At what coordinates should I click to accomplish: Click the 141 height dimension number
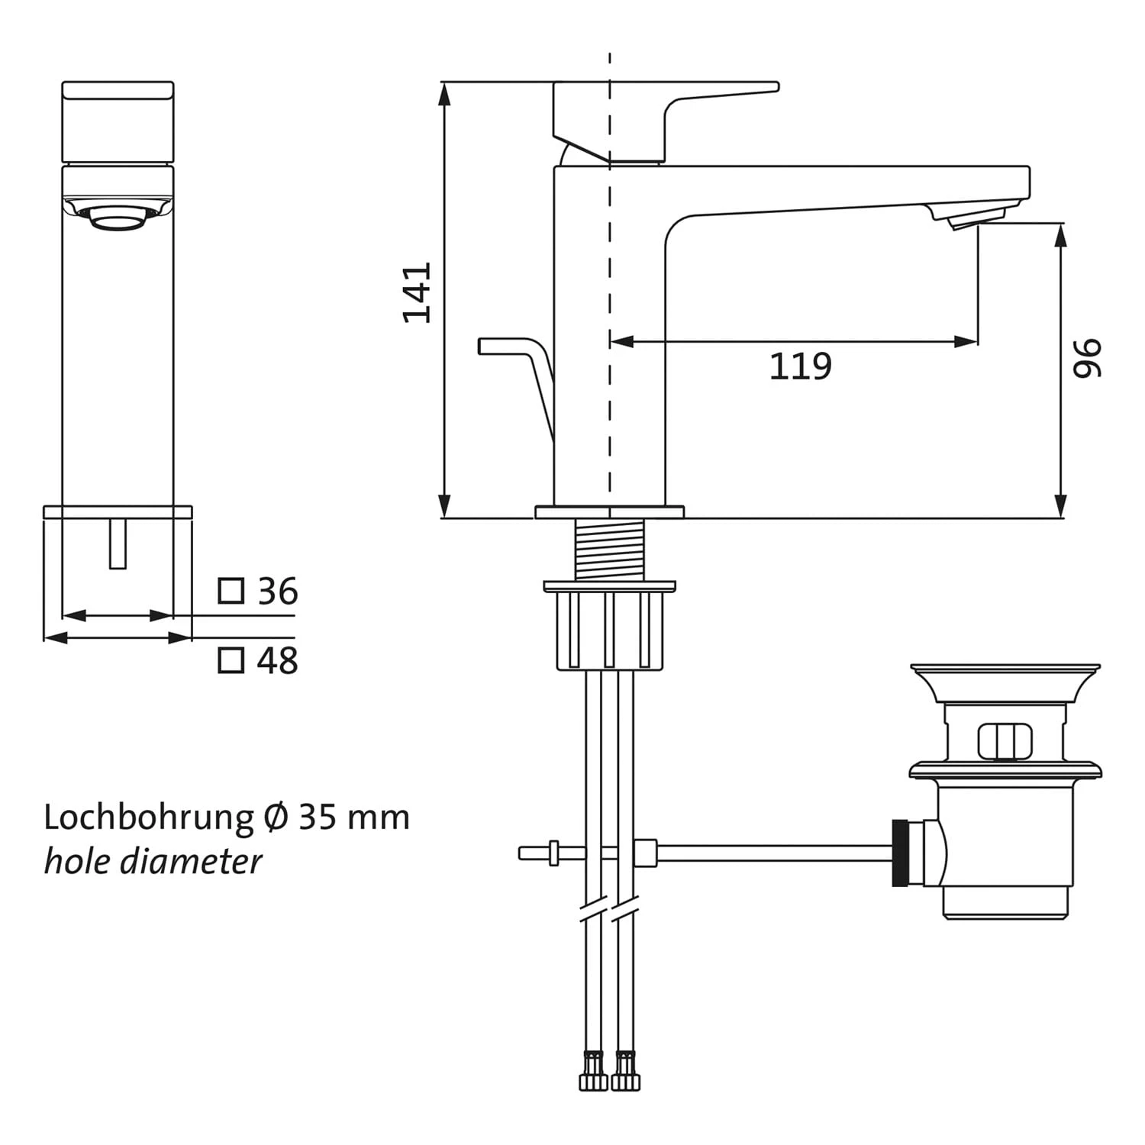(418, 292)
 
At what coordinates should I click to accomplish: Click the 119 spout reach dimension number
(799, 366)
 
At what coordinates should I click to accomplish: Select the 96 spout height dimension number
(1087, 358)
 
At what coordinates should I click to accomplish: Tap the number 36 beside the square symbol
(277, 592)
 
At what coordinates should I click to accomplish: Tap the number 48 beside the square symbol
(277, 660)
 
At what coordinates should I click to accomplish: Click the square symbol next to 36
(231, 591)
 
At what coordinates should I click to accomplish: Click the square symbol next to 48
(231, 660)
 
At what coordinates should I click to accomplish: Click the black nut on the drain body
(900, 853)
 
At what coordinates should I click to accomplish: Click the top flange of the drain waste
(1005, 672)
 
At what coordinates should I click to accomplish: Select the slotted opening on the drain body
(1005, 740)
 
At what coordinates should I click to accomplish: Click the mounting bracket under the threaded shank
(609, 626)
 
